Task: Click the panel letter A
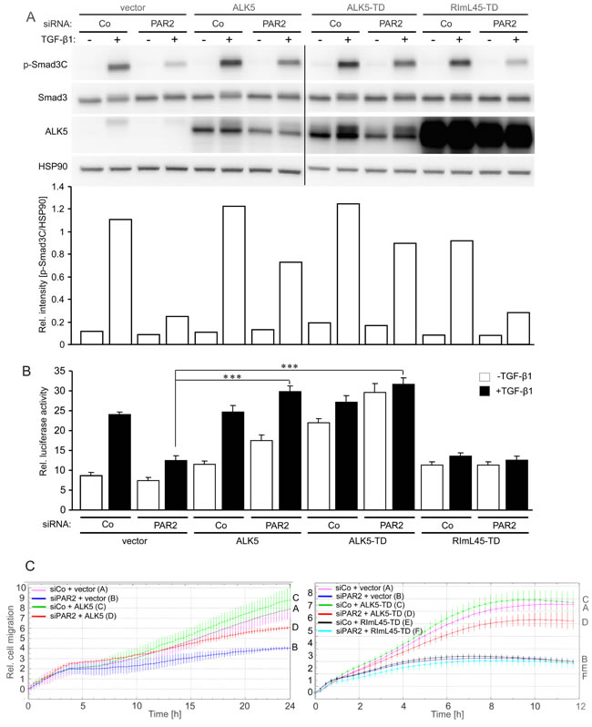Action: tap(31, 16)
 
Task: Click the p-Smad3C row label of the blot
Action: tap(46, 65)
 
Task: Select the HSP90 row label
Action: tap(53, 166)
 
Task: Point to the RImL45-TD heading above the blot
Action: tap(475, 7)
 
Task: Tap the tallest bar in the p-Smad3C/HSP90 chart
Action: tap(348, 274)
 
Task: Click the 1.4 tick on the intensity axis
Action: tap(58, 187)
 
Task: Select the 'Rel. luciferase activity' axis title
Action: tap(44, 431)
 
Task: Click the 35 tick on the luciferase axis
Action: tap(60, 371)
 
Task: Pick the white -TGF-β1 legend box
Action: tap(485, 376)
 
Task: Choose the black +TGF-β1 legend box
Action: tap(485, 392)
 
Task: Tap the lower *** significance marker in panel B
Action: tap(232, 377)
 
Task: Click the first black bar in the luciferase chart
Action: tap(119, 462)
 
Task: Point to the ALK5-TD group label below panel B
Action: tap(368, 541)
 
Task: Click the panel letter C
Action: tap(30, 566)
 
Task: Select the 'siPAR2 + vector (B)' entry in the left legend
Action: tap(84, 599)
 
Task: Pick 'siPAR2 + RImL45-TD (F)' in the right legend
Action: tap(379, 631)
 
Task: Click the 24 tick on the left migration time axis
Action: tap(290, 706)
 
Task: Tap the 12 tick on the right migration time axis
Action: tap(581, 706)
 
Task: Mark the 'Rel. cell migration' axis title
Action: tap(10, 642)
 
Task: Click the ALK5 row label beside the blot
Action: tap(56, 132)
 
